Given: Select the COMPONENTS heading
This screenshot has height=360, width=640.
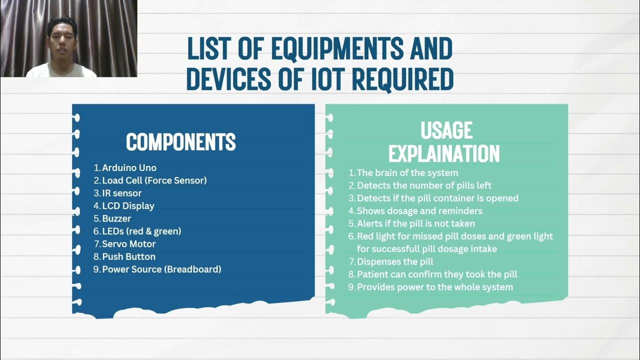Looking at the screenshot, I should (x=180, y=142).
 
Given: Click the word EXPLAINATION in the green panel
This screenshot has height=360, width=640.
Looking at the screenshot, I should (x=444, y=154).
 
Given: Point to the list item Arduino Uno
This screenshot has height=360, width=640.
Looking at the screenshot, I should (x=129, y=168).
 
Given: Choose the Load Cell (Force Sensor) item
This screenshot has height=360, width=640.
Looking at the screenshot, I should (x=154, y=180).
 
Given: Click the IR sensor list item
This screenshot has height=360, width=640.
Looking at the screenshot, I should (x=121, y=193).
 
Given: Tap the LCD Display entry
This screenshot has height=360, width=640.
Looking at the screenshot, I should (x=128, y=206).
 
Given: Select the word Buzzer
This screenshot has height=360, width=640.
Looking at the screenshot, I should (x=116, y=219).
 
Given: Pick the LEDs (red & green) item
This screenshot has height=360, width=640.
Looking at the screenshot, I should (x=141, y=231).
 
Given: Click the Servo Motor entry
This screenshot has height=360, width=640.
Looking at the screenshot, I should (x=129, y=244).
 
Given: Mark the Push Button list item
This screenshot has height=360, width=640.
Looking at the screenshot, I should (x=128, y=257).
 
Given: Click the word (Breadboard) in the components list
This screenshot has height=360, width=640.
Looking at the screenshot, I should (x=193, y=269).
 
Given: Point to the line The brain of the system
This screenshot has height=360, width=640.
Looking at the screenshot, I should (x=407, y=173).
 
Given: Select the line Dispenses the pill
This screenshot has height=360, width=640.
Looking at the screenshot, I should (x=394, y=261).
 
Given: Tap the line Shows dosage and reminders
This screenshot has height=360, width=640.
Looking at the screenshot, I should (x=419, y=211).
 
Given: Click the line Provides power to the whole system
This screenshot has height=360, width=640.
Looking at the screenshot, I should (x=434, y=287).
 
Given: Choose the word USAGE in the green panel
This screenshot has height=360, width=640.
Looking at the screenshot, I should (x=446, y=130).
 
